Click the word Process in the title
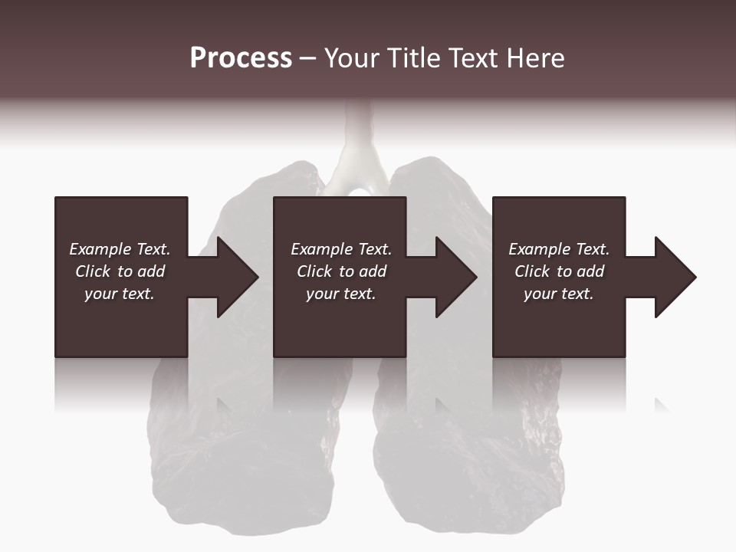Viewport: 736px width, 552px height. click(x=241, y=58)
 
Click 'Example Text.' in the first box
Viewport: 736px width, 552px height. click(x=120, y=249)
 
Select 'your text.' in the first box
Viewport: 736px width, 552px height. click(x=120, y=294)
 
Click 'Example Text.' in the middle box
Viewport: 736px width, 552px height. click(x=341, y=249)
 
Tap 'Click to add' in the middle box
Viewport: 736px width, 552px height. click(x=341, y=271)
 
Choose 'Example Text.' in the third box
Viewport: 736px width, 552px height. click(x=559, y=249)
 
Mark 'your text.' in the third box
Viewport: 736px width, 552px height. click(x=559, y=294)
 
